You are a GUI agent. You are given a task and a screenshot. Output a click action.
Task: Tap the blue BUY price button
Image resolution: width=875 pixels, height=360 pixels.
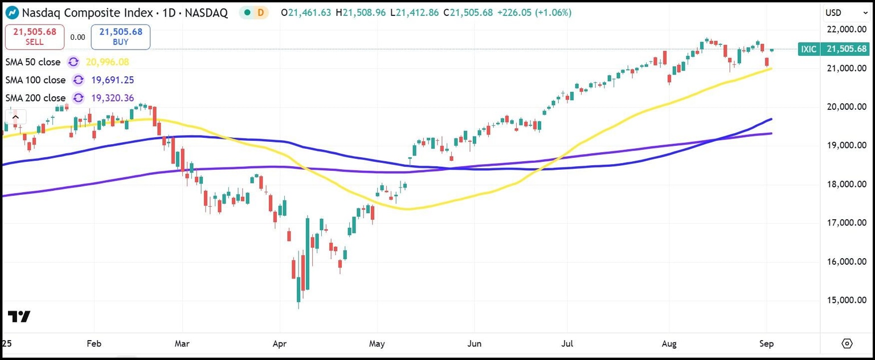click(120, 37)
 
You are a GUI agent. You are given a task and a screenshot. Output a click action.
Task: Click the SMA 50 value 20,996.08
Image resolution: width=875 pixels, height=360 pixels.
click(107, 62)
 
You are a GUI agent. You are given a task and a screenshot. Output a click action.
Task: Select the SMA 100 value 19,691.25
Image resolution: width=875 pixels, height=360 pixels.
click(112, 80)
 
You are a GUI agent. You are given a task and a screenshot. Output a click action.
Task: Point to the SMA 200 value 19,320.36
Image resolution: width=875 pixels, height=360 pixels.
click(112, 98)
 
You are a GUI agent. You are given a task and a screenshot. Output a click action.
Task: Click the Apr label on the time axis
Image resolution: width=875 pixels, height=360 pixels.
click(279, 343)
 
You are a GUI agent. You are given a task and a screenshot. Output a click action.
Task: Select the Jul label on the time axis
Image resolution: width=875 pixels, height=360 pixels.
click(567, 343)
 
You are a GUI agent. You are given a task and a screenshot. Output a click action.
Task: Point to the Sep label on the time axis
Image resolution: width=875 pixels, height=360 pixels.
click(767, 343)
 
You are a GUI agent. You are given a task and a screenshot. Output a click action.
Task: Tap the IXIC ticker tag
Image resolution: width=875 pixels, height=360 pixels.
click(809, 50)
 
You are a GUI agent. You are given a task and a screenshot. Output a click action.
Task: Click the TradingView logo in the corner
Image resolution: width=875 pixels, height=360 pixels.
click(19, 317)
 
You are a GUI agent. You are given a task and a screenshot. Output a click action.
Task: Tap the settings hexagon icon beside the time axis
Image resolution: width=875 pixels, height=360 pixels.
click(847, 343)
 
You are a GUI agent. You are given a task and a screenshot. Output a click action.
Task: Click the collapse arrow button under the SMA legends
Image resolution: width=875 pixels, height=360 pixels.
click(15, 118)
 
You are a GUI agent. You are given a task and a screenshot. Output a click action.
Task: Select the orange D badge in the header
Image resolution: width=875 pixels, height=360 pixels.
click(261, 13)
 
